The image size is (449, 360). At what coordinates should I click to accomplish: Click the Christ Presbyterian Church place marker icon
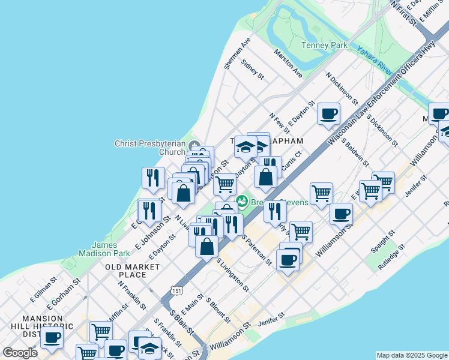[x=194, y=146]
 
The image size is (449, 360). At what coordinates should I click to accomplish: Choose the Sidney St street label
[x=252, y=69]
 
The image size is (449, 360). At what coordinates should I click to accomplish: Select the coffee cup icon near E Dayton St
[x=328, y=113]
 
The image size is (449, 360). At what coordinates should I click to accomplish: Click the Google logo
[x=20, y=353]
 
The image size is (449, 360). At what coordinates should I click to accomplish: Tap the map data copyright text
[x=412, y=355]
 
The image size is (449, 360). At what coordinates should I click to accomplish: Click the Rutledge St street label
[x=391, y=256]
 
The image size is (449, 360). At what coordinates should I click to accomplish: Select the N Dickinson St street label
[x=342, y=89]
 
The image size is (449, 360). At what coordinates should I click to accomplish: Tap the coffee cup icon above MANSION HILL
[x=52, y=338]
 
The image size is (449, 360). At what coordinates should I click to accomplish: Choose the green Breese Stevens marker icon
[x=243, y=200]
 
